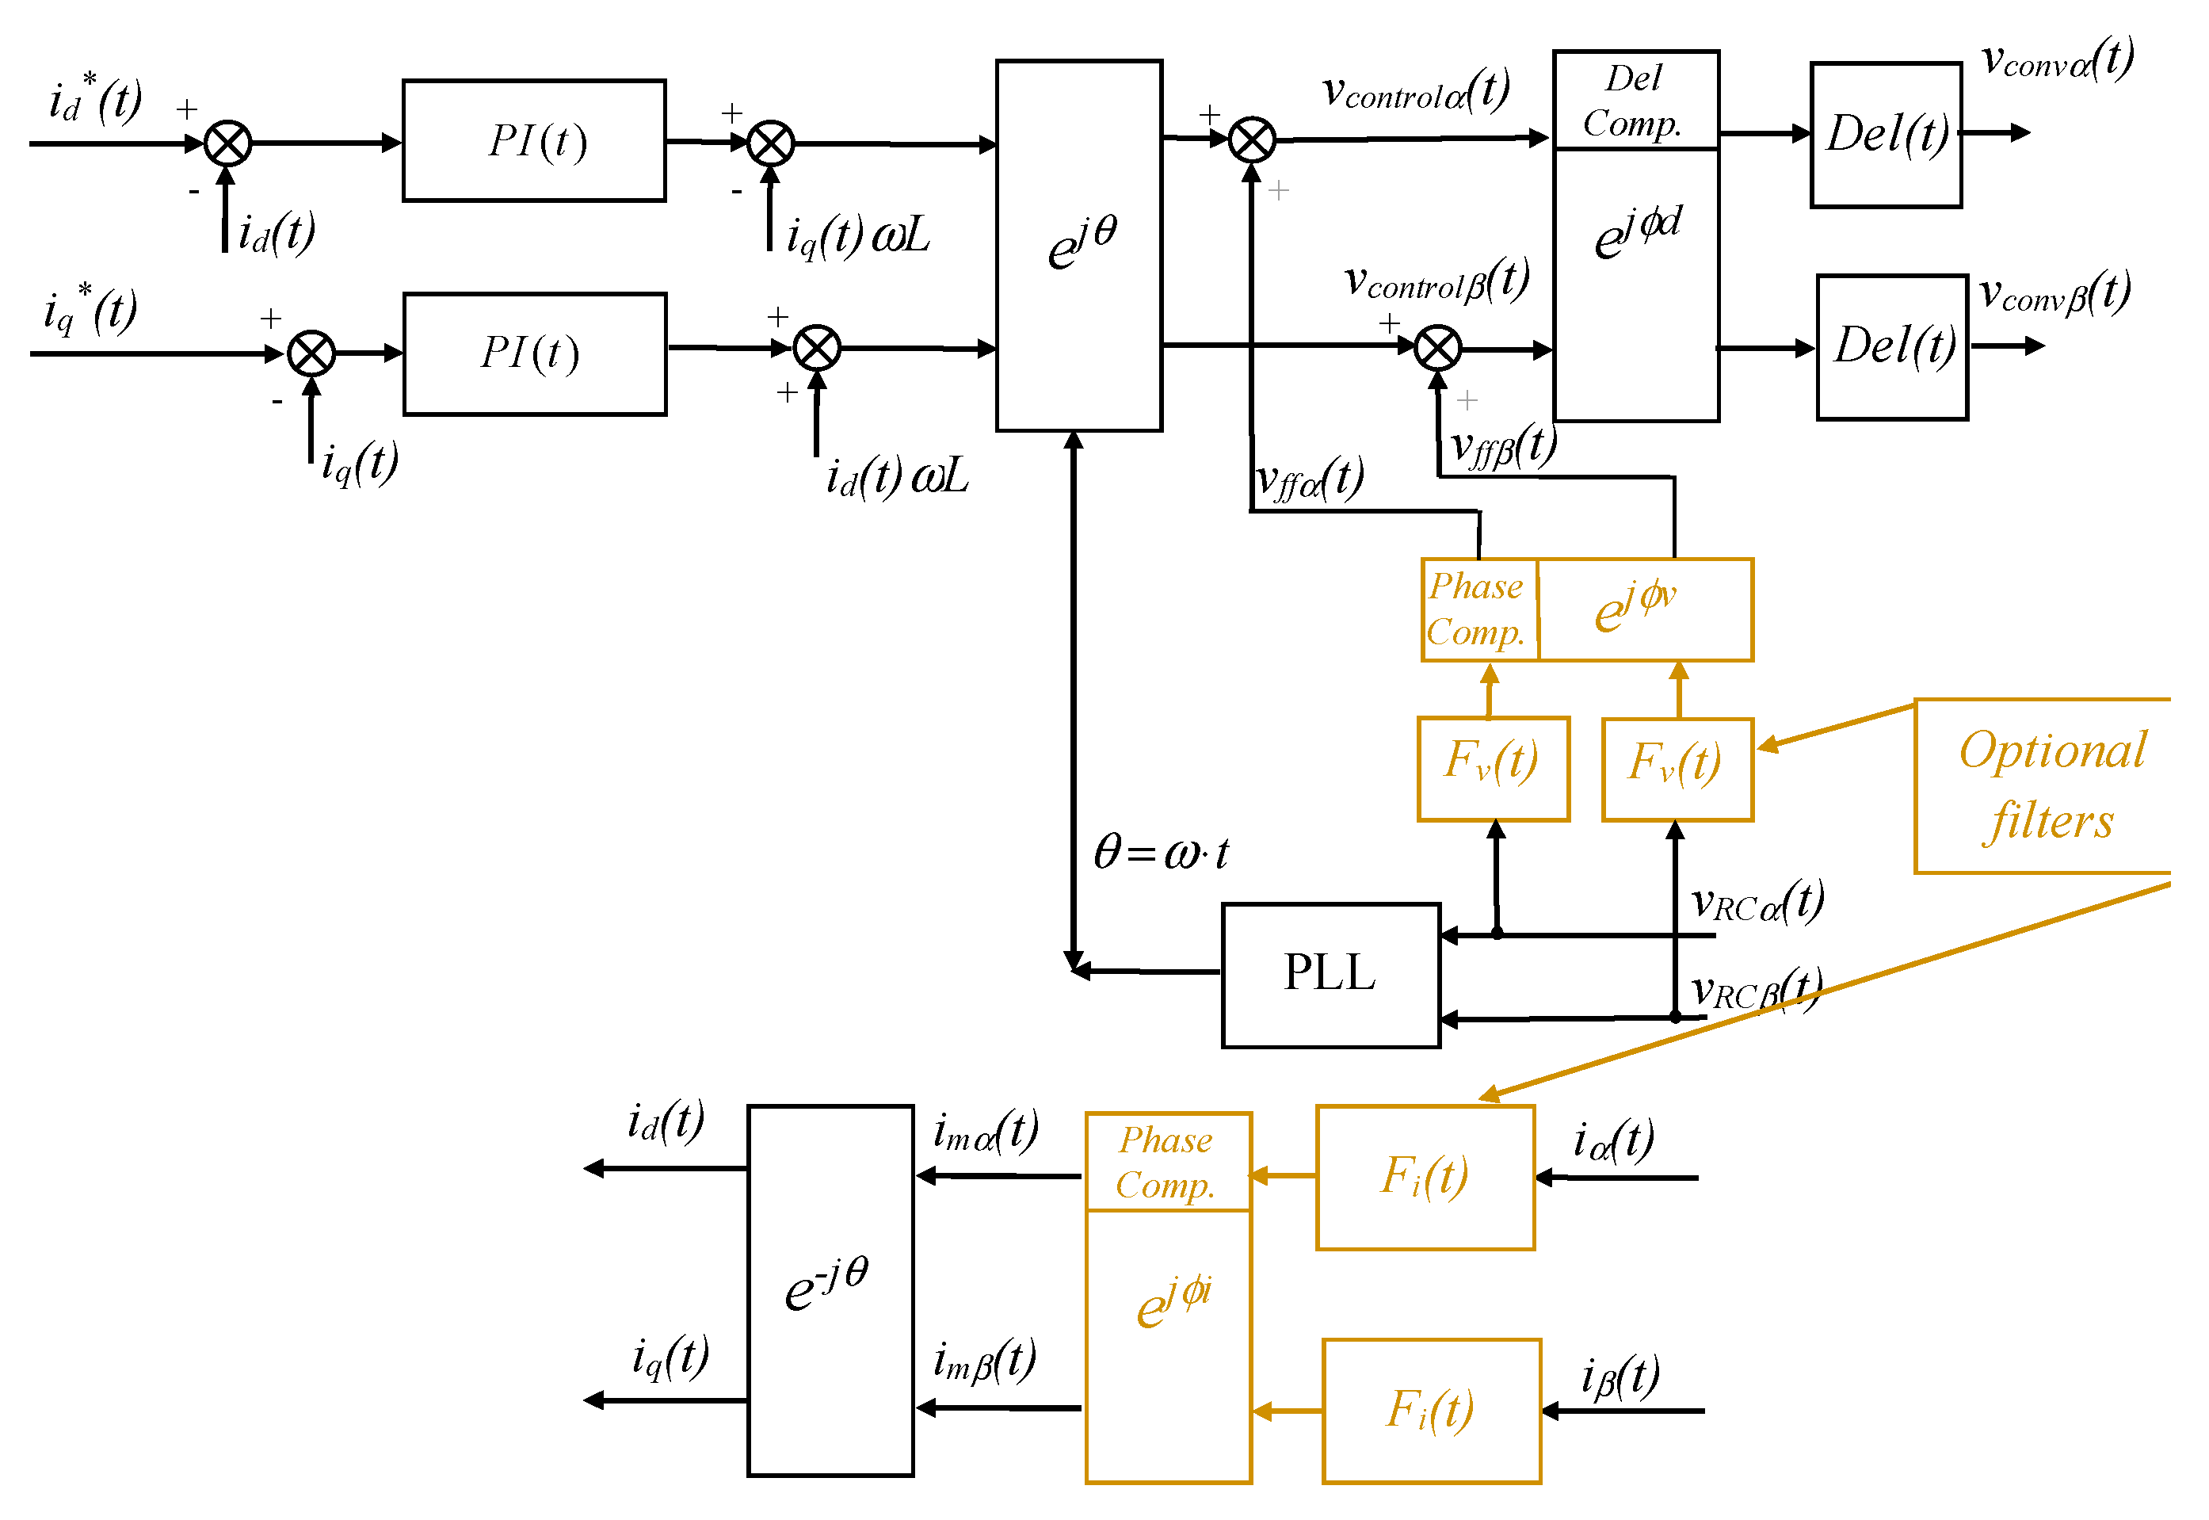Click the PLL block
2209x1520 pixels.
(1330, 976)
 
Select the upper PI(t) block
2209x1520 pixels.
(533, 141)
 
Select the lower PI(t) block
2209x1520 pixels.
(534, 353)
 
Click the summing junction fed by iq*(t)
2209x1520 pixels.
(311, 354)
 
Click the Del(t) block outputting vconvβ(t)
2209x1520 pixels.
(1892, 346)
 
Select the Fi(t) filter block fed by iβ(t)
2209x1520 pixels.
(1430, 1411)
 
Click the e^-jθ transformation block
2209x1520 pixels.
(830, 1290)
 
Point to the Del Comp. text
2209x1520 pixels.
(1634, 101)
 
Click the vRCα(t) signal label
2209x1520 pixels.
(1757, 901)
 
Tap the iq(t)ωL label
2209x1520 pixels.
(857, 235)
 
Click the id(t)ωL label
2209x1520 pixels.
(896, 476)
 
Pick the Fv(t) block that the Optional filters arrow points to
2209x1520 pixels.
(1677, 769)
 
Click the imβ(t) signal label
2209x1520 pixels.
(983, 1361)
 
